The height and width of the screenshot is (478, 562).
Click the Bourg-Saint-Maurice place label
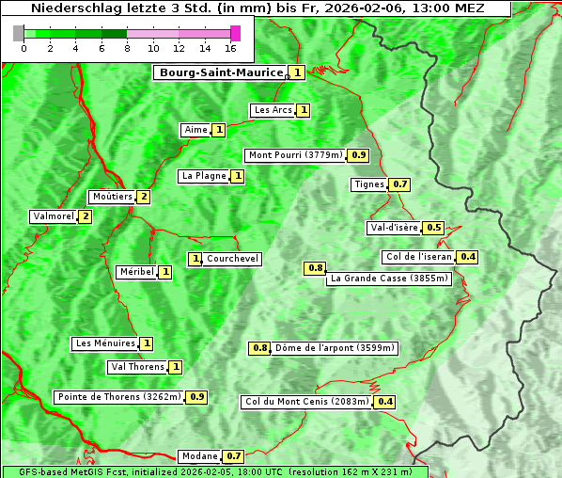(221, 72)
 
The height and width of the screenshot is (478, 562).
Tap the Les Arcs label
(273, 110)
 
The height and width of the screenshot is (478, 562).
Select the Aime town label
(195, 130)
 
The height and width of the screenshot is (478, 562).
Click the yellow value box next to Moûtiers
(143, 197)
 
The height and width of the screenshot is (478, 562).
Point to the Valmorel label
(53, 216)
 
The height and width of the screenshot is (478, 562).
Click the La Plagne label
(204, 176)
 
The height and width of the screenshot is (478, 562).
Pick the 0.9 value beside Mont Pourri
(358, 155)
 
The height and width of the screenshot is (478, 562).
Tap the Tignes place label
(368, 184)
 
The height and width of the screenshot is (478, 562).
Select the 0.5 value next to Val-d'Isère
(433, 228)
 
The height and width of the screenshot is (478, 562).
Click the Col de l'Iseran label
(419, 257)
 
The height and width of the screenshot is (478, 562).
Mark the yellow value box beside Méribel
(165, 272)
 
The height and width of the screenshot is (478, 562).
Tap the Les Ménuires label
(105, 343)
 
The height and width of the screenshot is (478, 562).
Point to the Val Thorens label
(137, 367)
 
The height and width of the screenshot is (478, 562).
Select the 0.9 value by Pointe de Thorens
(196, 397)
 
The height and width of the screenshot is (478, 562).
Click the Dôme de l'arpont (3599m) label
(335, 348)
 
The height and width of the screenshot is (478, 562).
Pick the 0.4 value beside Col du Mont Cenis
(384, 402)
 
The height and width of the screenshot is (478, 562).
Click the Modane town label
(198, 456)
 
